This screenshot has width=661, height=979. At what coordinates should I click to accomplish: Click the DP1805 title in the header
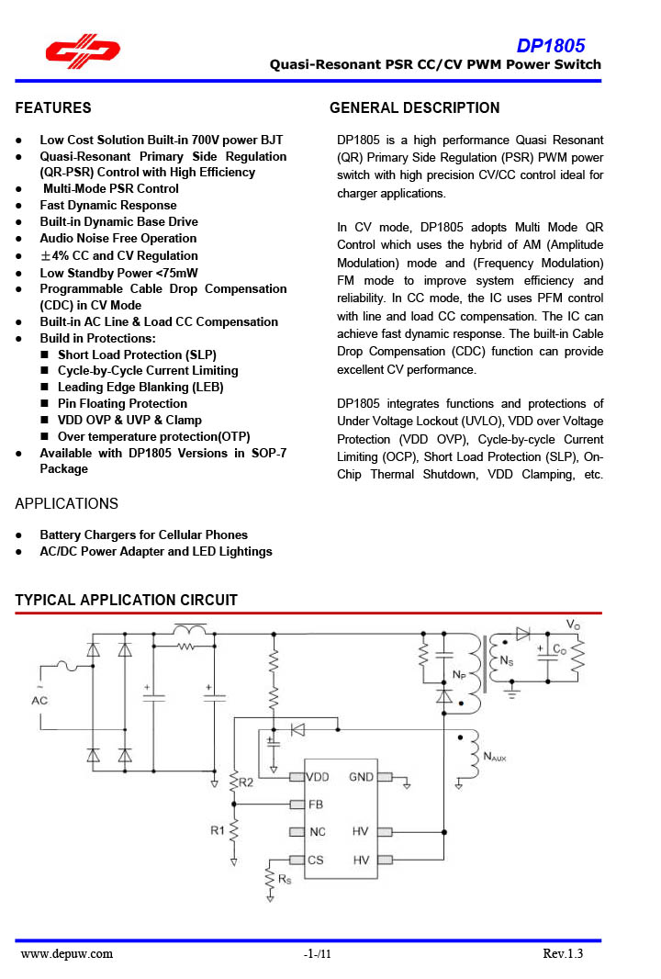pos(550,46)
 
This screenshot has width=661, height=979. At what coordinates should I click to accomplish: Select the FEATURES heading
pos(53,108)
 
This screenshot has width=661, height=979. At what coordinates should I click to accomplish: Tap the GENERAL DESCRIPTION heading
pos(414,108)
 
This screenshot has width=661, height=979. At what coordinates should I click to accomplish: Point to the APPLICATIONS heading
pos(67,504)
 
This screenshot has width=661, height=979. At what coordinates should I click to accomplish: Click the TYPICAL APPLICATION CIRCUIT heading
pos(127,601)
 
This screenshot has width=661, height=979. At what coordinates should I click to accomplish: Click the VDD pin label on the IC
pos(317,777)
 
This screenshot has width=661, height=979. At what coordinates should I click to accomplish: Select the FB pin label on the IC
pos(315,805)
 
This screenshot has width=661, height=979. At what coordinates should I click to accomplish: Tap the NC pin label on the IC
pos(316,832)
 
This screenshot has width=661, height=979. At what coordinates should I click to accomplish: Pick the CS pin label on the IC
pos(315,860)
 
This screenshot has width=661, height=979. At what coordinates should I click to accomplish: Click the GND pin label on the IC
pos(361,777)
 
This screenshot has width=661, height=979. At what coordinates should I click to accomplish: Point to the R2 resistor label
pos(246,782)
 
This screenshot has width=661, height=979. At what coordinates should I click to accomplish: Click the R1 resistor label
pos(217,831)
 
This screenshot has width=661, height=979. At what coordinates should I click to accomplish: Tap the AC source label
pos(39,701)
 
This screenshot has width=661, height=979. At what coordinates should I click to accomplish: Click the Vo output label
pos(573,625)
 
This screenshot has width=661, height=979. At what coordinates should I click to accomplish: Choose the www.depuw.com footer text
pos(67,954)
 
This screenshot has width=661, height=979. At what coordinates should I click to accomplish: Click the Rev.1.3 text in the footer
pos(562,954)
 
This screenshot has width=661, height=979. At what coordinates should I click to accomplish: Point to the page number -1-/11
pos(317,954)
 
